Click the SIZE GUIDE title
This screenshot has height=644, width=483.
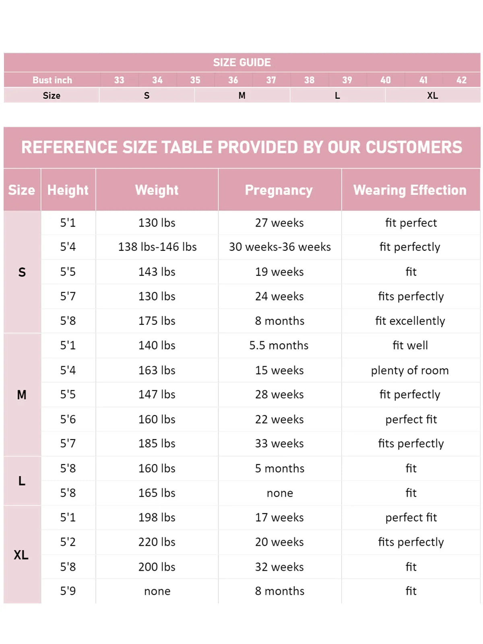coord(242,62)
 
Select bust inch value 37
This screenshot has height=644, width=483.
coord(271,80)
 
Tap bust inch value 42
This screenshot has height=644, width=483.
coord(462,80)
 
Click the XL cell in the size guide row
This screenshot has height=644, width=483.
coord(433,95)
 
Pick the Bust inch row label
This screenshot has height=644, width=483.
coord(52,80)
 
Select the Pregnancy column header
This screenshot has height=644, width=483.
coord(279,190)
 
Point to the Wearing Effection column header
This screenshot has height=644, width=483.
coord(410,190)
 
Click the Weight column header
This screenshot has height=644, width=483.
coord(157,190)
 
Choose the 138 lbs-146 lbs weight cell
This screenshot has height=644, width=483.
coord(157,247)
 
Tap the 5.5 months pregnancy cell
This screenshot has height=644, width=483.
coord(279,345)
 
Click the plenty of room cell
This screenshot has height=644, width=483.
coord(410,370)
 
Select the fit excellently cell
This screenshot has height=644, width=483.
coord(410,321)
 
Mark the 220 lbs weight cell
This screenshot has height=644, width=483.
coord(157,542)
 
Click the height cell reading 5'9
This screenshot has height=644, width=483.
coord(68,591)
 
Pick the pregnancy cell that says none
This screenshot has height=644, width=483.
coord(280,493)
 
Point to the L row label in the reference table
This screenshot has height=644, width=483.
coord(22,481)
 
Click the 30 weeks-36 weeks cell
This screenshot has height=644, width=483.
coord(280,247)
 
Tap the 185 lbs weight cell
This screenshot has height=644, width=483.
coord(157,444)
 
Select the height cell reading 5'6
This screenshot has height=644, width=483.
coord(68,419)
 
